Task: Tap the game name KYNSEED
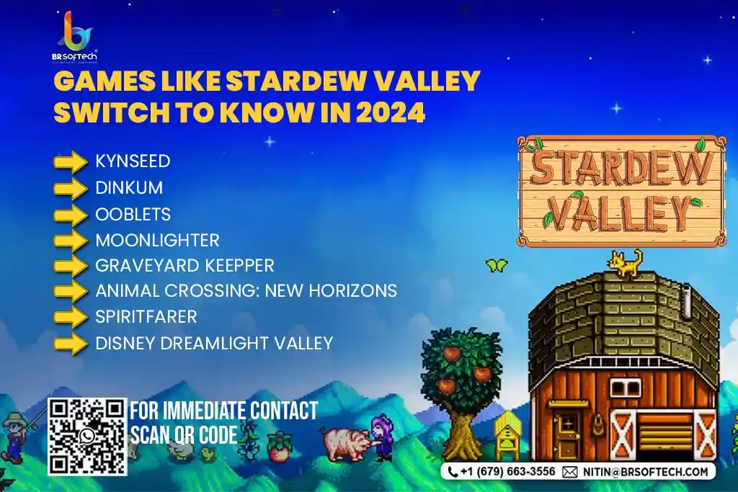(133, 161)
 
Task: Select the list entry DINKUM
(129, 188)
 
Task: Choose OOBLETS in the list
(133, 215)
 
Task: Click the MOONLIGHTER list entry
(158, 241)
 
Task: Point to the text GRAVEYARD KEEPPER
(184, 266)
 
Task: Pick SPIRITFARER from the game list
(146, 316)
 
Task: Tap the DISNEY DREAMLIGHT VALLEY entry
(214, 344)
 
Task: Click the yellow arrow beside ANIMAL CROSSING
(71, 291)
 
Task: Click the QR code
(87, 437)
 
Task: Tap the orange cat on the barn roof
(626, 263)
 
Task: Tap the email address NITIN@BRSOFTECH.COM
(645, 472)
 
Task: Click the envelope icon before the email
(569, 472)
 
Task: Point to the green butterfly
(497, 265)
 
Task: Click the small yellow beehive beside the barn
(507, 434)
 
